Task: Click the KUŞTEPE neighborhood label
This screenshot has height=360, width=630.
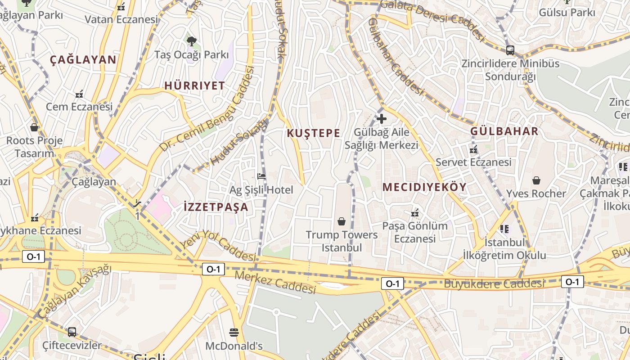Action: pos(313,133)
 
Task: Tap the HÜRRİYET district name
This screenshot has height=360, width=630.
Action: pos(194,86)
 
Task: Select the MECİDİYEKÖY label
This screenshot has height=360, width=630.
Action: pos(424,187)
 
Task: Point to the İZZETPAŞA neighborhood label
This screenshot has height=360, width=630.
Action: pos(216,207)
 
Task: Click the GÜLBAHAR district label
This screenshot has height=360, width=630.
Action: pos(504,131)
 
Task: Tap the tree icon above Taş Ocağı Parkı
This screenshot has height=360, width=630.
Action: pos(192,41)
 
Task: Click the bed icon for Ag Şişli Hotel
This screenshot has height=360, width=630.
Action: pos(261,176)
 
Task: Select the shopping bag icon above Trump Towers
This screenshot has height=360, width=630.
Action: pos(342,221)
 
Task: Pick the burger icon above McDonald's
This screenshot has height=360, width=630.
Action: pos(234,333)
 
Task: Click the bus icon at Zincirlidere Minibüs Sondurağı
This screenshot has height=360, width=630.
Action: pos(510,50)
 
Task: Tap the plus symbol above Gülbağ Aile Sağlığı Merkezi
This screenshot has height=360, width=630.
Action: pos(382,119)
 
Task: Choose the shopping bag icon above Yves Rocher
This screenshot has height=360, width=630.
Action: pos(536,180)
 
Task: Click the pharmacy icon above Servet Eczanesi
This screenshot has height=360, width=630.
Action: pos(473,149)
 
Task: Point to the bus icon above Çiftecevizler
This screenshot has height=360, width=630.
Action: pos(72,332)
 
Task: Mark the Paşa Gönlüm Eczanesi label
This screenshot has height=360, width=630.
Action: pos(415,232)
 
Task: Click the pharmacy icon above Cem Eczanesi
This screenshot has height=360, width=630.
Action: pos(79,94)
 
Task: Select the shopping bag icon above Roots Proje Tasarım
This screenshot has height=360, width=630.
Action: pos(34,127)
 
